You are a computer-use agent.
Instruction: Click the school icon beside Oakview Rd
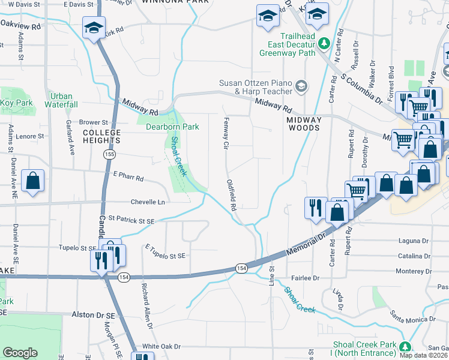coord(94,28)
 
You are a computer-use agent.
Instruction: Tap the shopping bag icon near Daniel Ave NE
coord(32,181)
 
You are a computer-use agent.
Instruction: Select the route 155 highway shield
coord(109,154)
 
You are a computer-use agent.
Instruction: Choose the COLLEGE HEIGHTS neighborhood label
coord(101,136)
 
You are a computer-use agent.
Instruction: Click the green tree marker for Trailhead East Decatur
coord(324,43)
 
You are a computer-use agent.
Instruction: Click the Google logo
coord(20,353)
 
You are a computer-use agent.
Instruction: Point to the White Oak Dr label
coord(161,347)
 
